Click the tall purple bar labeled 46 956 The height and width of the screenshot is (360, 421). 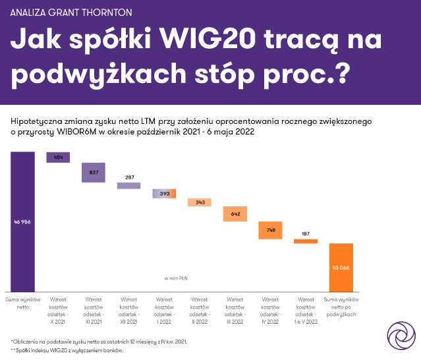(x=22, y=222)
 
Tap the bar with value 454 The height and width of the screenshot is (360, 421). (x=58, y=157)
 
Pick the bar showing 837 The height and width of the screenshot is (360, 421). (x=94, y=172)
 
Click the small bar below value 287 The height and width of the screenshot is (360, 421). (x=129, y=186)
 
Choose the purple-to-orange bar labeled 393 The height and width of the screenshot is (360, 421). (x=164, y=194)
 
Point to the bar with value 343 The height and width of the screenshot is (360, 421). (x=200, y=202)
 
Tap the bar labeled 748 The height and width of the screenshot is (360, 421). (x=270, y=230)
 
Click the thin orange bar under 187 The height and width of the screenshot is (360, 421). (x=306, y=241)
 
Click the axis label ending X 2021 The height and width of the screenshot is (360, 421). (x=58, y=308)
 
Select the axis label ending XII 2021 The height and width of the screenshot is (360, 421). (x=128, y=308)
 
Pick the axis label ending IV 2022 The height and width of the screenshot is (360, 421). (x=270, y=308)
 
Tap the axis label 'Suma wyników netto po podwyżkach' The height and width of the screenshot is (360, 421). (x=341, y=308)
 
